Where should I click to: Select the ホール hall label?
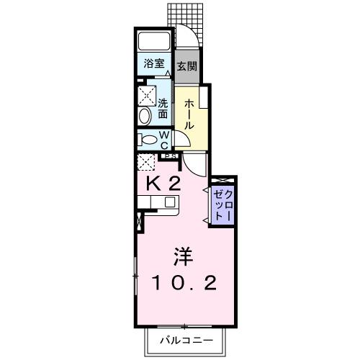click(189, 114)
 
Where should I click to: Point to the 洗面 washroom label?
click(163, 109)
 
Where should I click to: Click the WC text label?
click(163, 138)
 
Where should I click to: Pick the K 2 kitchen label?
click(163, 184)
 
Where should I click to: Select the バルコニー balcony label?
click(185, 340)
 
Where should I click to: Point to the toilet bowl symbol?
click(148, 140)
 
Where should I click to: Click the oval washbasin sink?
click(144, 115)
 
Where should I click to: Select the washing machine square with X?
click(147, 94)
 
